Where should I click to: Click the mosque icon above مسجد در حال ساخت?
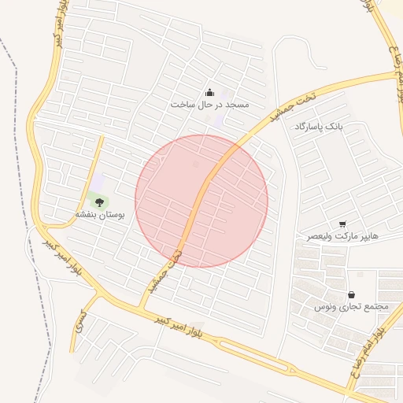[x=209, y=92]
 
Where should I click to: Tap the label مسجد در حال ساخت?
[x=209, y=104]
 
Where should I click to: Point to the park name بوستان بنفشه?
[x=97, y=214]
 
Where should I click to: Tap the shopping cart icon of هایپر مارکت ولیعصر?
[x=342, y=224]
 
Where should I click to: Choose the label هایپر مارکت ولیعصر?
[x=342, y=236]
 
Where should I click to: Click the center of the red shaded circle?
[x=201, y=201]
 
